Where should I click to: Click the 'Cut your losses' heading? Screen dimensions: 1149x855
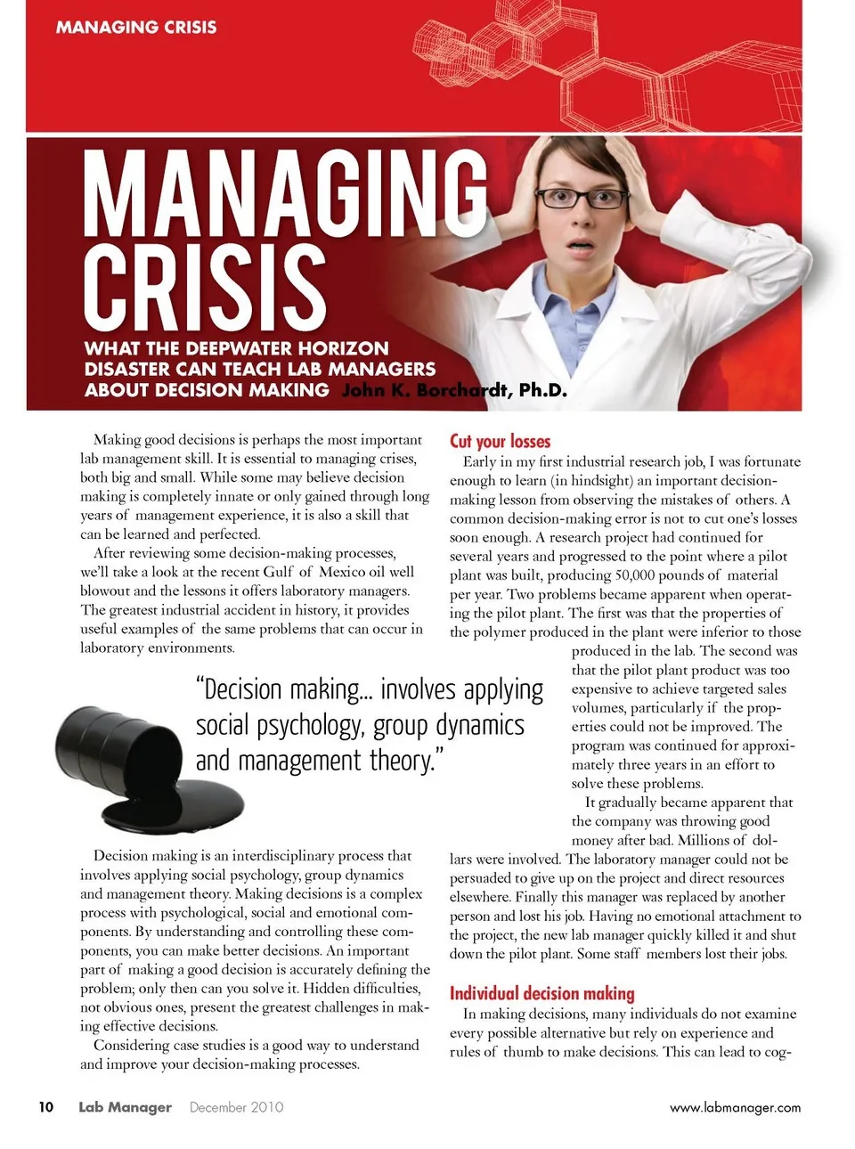coord(500,441)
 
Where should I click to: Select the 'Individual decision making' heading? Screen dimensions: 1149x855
coord(541,993)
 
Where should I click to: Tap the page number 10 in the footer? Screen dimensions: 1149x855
coord(45,1107)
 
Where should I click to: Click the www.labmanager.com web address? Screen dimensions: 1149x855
coord(735,1107)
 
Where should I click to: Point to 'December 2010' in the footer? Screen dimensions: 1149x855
coord(236,1107)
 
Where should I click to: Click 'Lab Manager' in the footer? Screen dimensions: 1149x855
coord(125,1107)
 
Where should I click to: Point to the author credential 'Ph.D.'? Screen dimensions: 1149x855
coord(542,390)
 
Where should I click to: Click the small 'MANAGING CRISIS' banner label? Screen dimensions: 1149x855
coord(136,27)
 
